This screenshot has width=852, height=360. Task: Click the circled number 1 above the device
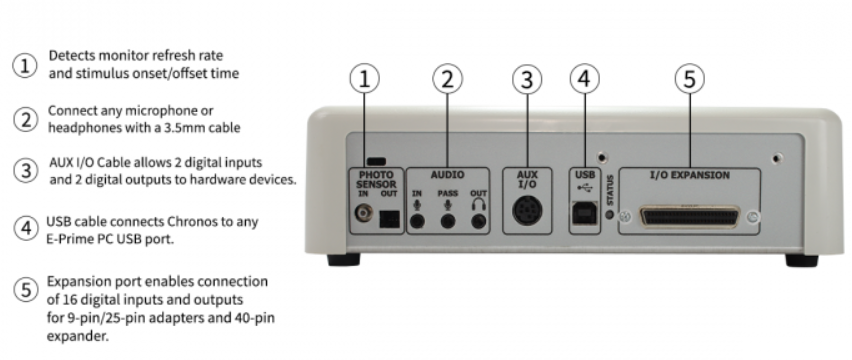pos(364,79)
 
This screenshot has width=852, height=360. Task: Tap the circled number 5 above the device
pos(690,79)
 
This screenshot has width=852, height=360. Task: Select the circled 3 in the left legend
pos(26,170)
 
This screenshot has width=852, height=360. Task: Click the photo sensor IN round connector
pos(364,212)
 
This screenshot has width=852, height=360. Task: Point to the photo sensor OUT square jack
pos(389,219)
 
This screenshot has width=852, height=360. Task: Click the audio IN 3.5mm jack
pos(417,221)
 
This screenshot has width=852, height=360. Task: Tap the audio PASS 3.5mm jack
pos(448,221)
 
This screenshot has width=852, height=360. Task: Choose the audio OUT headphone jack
pos(478,221)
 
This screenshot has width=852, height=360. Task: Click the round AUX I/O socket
pos(527,211)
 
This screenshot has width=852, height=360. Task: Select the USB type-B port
pos(584,213)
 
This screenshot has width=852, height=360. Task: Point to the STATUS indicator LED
pos(609,214)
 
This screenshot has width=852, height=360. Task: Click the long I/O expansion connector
pos(690,217)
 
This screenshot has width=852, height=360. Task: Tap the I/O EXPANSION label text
pos(690,175)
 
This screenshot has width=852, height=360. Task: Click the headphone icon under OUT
pos(478,204)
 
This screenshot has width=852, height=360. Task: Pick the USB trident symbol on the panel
pos(584,188)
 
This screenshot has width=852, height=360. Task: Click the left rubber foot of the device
pos(343,260)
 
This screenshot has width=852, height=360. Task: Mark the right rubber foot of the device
pos(801,260)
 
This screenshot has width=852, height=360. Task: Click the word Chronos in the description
pos(190,222)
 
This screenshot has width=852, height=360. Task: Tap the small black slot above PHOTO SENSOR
pos(376,161)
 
